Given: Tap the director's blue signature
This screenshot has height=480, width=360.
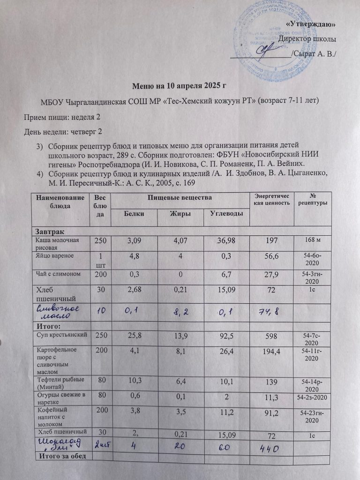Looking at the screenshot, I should tap(269, 48).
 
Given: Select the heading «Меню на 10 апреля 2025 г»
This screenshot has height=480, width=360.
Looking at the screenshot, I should tap(180, 86).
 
